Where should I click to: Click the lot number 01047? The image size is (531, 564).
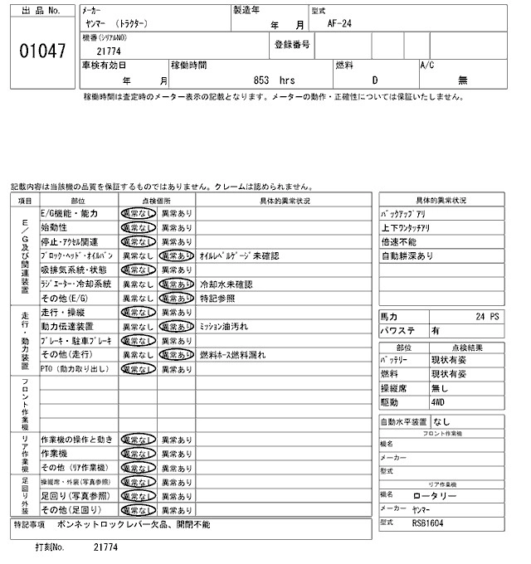tap(41, 51)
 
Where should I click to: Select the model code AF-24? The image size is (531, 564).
tap(340, 24)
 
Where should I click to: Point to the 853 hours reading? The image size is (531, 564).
tap(274, 80)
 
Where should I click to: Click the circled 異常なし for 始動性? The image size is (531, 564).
tap(137, 227)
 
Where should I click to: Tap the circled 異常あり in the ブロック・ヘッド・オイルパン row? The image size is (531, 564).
tap(176, 256)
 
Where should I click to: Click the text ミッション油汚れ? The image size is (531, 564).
tap(224, 327)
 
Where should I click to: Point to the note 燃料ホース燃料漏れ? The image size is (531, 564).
tap(232, 355)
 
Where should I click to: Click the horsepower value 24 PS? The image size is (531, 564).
tap(489, 316)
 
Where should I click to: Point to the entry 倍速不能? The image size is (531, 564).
tap(399, 241)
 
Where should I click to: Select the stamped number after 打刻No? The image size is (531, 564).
tap(106, 548)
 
